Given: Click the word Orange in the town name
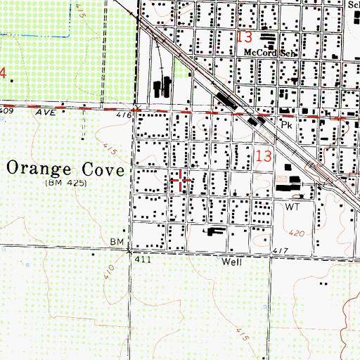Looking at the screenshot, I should pyautogui.click(x=41, y=170).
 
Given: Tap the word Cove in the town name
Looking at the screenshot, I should pyautogui.click(x=103, y=170).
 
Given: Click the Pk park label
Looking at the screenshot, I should pyautogui.click(x=286, y=123).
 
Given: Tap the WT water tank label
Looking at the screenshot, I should pyautogui.click(x=292, y=209).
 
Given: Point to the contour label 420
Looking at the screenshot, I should pyautogui.click(x=297, y=231).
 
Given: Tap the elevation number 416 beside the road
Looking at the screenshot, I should pyautogui.click(x=124, y=115).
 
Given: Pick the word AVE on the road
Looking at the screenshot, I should pyautogui.click(x=47, y=111).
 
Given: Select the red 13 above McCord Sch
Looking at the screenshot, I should pyautogui.click(x=243, y=37).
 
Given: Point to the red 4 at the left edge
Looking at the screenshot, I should pyautogui.click(x=3, y=72).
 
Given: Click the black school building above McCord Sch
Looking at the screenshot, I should pyautogui.click(x=268, y=38).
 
